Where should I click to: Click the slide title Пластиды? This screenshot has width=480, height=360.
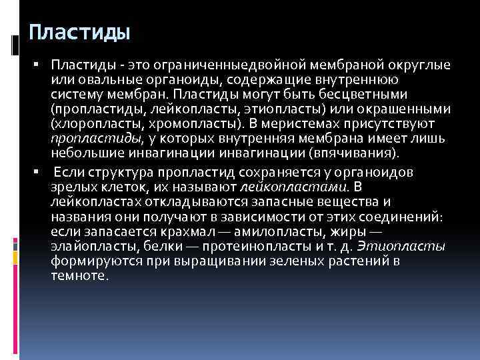(x=79, y=33)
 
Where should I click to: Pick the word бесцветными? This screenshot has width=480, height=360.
(x=368, y=94)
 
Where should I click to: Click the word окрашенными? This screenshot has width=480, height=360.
(x=406, y=109)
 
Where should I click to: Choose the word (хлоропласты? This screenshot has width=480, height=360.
(x=87, y=123)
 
